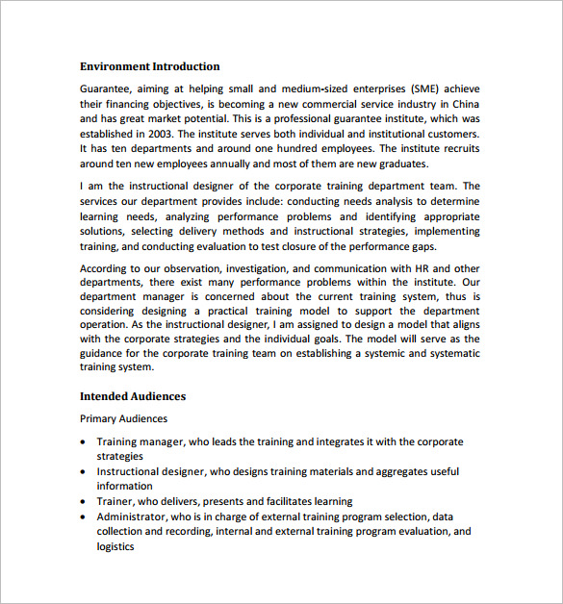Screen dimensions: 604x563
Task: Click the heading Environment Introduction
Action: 149,66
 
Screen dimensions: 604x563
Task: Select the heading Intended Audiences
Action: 133,396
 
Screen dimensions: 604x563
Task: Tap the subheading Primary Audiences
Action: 123,418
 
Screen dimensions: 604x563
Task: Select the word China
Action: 461,103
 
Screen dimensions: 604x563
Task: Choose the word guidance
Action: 109,353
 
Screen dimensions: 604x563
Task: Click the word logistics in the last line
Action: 115,546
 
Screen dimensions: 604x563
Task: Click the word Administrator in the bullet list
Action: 133,516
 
